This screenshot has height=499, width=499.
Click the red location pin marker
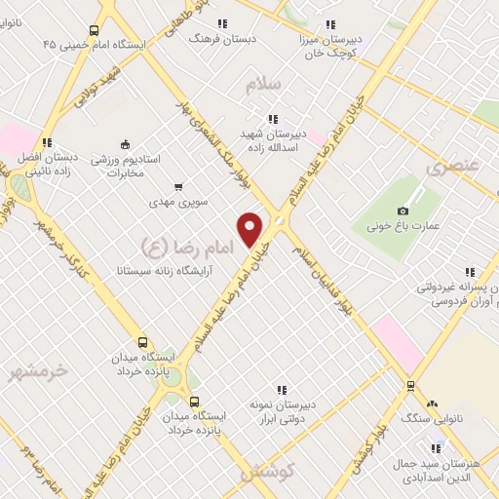pyautogui.click(x=250, y=228)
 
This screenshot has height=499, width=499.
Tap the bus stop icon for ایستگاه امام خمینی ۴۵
pyautogui.click(x=94, y=30)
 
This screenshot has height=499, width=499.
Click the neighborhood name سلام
pyautogui.click(x=263, y=85)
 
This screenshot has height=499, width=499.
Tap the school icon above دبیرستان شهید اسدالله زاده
pyautogui.click(x=272, y=118)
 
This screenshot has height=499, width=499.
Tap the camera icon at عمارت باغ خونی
pyautogui.click(x=403, y=211)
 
